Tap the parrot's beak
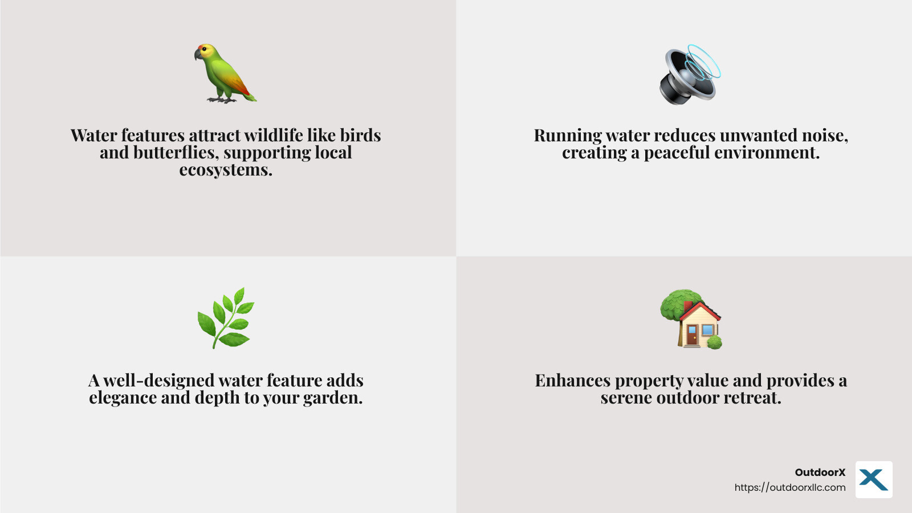click(x=198, y=54)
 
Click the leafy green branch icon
click(x=226, y=318)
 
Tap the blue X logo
click(x=873, y=480)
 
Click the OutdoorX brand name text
click(x=820, y=472)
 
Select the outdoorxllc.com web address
click(x=789, y=487)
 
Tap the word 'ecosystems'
click(x=226, y=170)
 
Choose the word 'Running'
click(x=568, y=136)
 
